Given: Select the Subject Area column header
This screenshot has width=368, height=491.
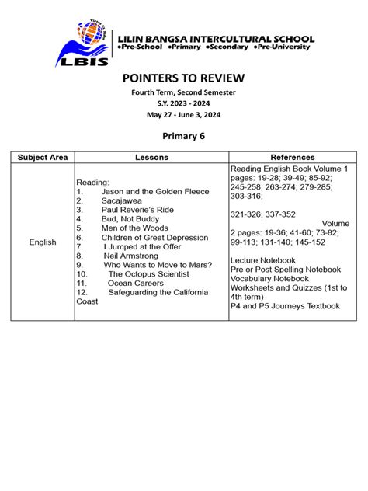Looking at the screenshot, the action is (43, 157).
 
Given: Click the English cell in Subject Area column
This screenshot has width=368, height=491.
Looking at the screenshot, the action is (43, 242).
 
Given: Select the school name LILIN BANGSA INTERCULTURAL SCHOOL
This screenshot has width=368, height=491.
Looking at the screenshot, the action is (214, 38).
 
